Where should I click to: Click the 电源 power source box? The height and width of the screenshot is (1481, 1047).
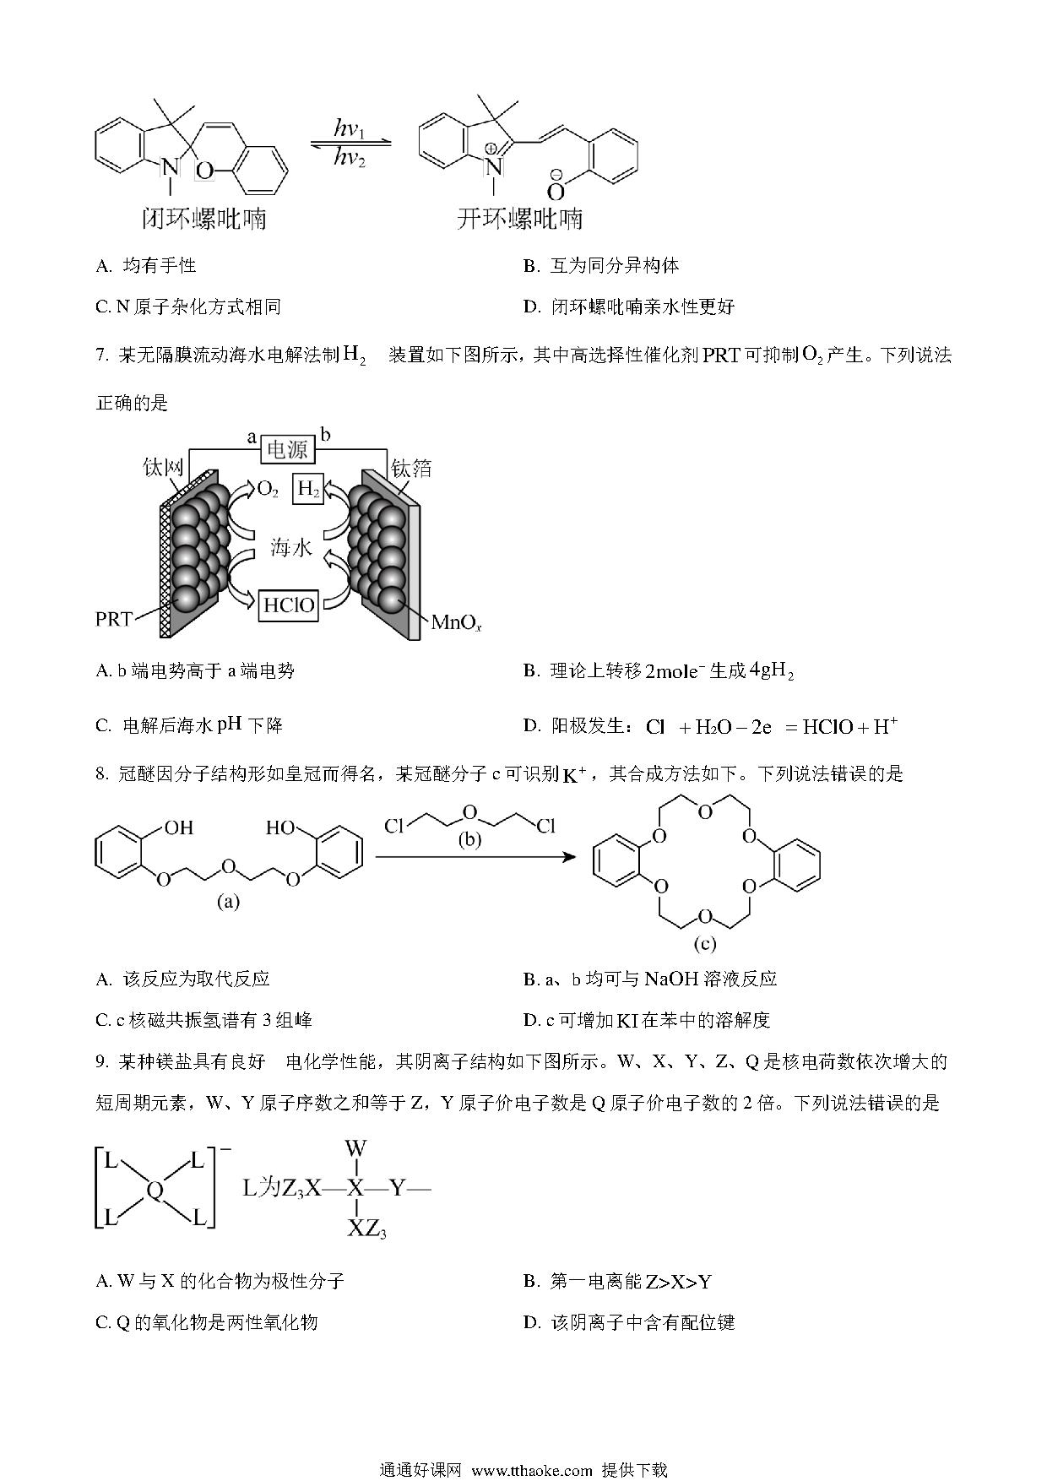pos(287,449)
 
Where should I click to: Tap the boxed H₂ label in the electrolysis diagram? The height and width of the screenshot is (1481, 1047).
pos(308,489)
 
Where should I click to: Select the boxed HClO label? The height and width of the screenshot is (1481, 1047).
pos(289,605)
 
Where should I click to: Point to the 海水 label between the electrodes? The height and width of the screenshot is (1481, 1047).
pos(291,548)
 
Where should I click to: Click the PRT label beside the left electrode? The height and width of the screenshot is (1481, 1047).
pos(114,619)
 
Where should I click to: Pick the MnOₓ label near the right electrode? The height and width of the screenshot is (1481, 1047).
pos(456,623)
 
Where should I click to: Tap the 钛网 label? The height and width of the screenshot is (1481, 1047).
pos(163,467)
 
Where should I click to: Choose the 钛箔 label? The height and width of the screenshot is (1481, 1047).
pos(411,467)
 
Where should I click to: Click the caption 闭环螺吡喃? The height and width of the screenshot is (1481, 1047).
pos(203,219)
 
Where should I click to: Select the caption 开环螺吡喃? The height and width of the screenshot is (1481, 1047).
pos(519,219)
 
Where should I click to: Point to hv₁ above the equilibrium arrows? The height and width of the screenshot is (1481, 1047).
pos(349,129)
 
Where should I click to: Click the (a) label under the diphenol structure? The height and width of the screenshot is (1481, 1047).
pos(228,902)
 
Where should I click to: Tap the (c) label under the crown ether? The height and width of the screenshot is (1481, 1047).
pos(704,943)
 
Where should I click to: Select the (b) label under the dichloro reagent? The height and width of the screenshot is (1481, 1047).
pos(469,840)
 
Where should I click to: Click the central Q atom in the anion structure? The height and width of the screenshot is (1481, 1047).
pos(155,1191)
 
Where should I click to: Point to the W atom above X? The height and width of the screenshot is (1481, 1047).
pos(355,1148)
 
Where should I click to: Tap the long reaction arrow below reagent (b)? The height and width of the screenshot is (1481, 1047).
pos(475,857)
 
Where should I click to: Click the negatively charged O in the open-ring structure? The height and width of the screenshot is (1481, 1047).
pos(556,189)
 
